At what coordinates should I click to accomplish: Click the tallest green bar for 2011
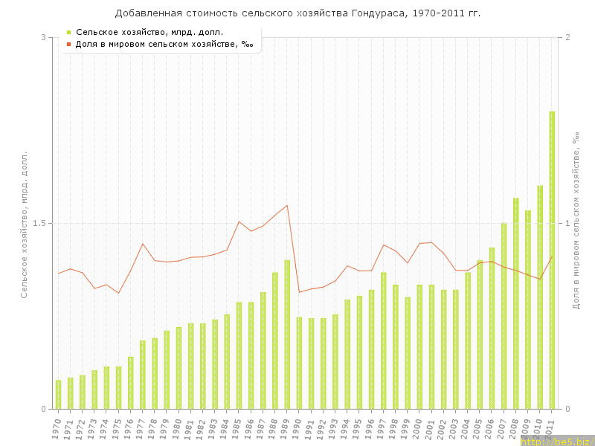552,260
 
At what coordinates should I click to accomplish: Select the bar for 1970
58,395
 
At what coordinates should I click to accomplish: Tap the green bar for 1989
287,334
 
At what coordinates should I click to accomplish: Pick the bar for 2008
515,303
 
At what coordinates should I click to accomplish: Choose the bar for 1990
299,363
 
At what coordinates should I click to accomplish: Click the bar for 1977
143,375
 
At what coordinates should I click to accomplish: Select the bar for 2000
419,346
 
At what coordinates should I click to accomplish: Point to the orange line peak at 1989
287,205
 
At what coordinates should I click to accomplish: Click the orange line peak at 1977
143,244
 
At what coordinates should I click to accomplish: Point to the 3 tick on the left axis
43,37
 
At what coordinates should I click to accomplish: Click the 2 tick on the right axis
567,37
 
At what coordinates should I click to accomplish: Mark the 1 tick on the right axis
567,223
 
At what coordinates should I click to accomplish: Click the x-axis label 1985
237,429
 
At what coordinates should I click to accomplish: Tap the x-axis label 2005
478,429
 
